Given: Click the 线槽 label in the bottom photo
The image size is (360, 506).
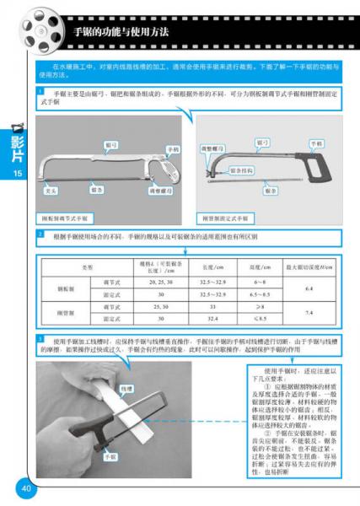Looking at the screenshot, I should pos(127,388).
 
